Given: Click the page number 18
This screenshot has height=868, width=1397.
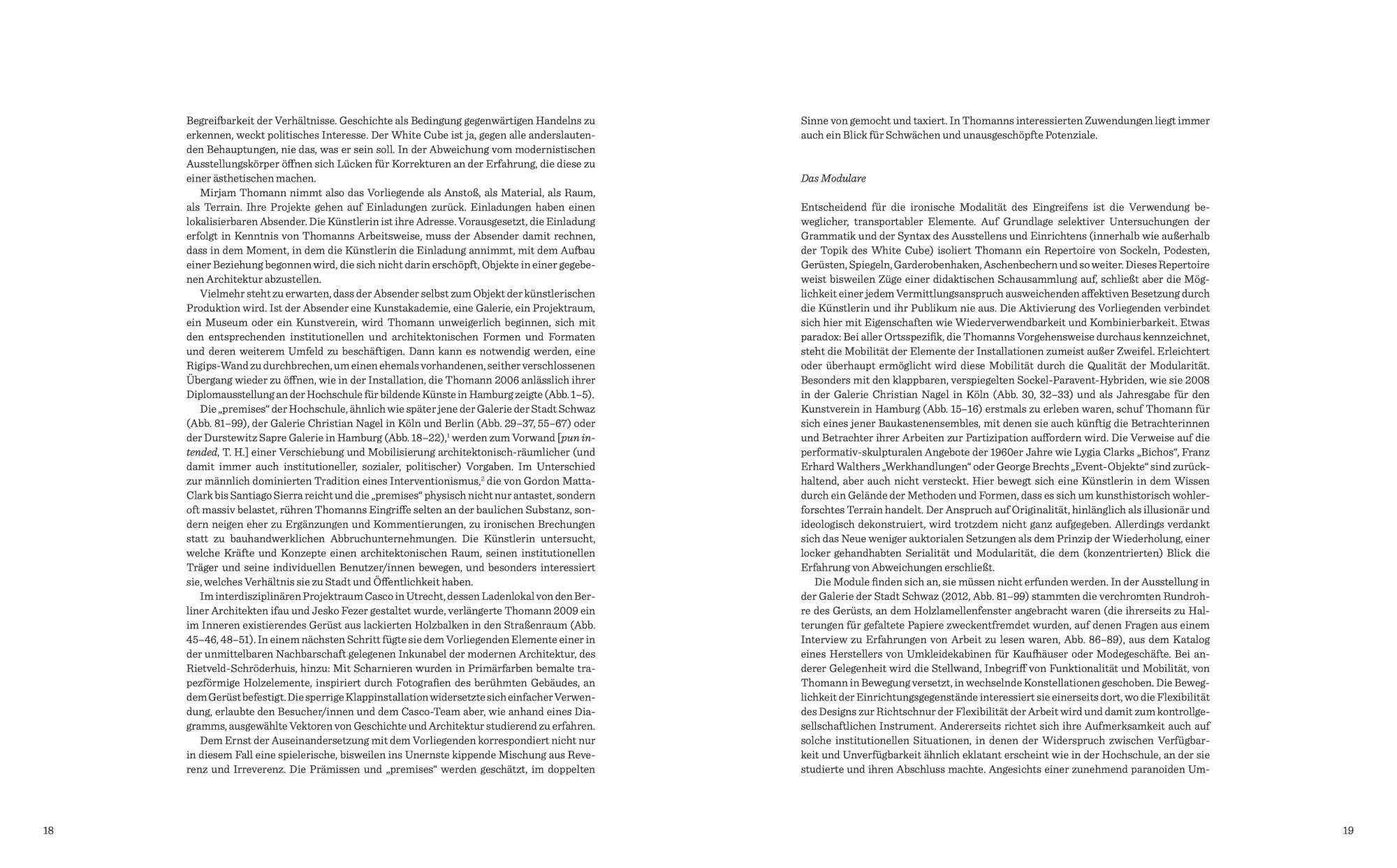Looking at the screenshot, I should pyautogui.click(x=48, y=830).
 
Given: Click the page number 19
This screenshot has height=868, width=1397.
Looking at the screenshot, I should pyautogui.click(x=1348, y=830).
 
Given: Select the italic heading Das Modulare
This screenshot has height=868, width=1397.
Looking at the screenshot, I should pyautogui.click(x=833, y=179).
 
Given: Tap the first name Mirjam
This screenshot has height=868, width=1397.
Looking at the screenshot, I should pyautogui.click(x=217, y=193).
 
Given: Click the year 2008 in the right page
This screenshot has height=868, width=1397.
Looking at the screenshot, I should pyautogui.click(x=1199, y=380).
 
